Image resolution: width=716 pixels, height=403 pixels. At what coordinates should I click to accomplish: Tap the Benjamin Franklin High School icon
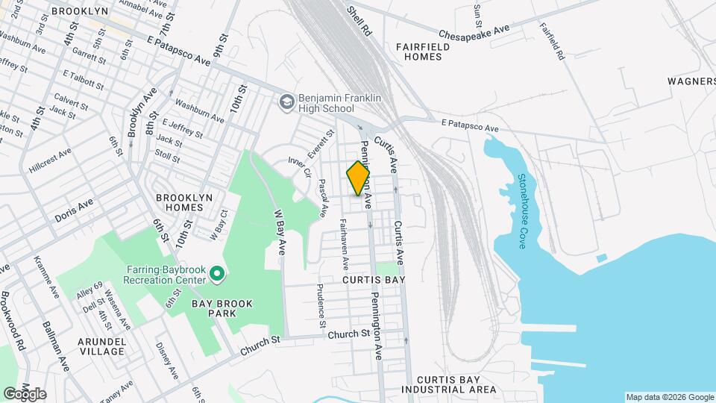coord(286,101)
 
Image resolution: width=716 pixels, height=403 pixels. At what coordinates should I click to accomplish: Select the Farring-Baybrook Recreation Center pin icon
coord(217,275)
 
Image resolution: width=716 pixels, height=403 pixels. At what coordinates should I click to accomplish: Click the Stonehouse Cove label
coord(522,211)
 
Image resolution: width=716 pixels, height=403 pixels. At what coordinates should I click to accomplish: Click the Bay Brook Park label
coord(222,309)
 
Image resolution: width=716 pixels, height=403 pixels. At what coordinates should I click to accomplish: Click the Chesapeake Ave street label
coord(474,31)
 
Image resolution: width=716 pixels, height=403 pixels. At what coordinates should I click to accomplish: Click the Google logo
coord(25,394)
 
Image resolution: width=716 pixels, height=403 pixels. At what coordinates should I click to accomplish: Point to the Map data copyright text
coord(668,397)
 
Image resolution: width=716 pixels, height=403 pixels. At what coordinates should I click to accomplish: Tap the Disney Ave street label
coord(165,360)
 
